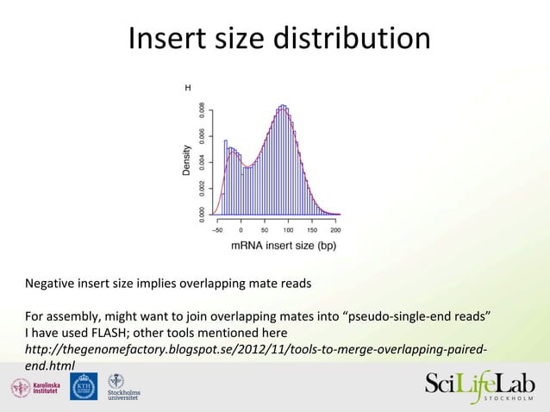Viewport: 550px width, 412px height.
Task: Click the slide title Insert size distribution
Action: pyautogui.click(x=279, y=39)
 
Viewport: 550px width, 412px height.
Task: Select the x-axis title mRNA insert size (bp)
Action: pyautogui.click(x=283, y=246)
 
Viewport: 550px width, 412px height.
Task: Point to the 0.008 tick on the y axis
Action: pyautogui.click(x=202, y=111)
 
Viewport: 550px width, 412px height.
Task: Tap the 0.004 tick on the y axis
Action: pyautogui.click(x=202, y=160)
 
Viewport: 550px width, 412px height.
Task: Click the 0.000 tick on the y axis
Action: pyautogui.click(x=202, y=212)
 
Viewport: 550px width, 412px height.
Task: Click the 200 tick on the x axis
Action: pyautogui.click(x=335, y=230)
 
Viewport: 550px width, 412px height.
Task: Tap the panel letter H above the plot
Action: pyautogui.click(x=188, y=88)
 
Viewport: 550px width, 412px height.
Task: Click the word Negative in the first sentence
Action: pyautogui.click(x=51, y=284)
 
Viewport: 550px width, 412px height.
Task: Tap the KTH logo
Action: pyautogui.click(x=84, y=387)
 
